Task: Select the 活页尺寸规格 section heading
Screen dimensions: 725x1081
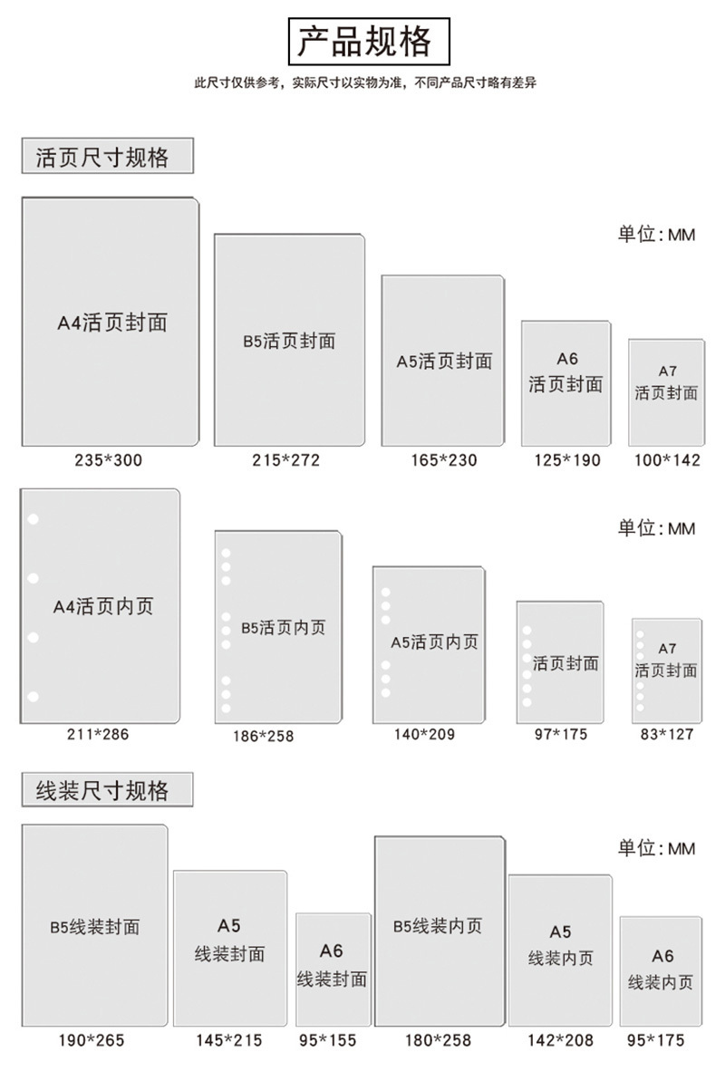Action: click(x=102, y=157)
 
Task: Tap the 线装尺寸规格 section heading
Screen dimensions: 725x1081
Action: click(x=102, y=790)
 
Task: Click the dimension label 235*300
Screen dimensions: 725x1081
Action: click(x=109, y=459)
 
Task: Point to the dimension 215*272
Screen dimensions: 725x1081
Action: click(x=285, y=459)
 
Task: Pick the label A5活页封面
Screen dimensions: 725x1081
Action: click(x=444, y=362)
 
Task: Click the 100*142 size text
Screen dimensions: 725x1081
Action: click(x=667, y=459)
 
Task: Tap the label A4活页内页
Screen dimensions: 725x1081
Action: click(x=103, y=606)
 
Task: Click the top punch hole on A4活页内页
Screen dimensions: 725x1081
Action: click(x=33, y=518)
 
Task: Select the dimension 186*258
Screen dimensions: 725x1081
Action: click(x=263, y=736)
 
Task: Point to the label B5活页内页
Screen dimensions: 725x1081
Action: click(x=283, y=627)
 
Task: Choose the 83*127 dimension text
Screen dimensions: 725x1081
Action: click(x=666, y=734)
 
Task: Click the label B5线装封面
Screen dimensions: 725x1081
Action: click(x=94, y=927)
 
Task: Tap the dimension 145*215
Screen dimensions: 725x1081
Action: click(x=229, y=1039)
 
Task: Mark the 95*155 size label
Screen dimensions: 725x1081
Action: click(x=328, y=1039)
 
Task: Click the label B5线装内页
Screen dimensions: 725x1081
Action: click(x=438, y=926)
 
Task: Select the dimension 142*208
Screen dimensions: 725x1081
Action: click(x=560, y=1039)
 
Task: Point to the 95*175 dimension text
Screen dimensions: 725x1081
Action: click(x=655, y=1039)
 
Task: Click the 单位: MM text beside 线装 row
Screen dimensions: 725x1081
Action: click(x=656, y=848)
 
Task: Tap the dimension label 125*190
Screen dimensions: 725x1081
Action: click(x=567, y=459)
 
